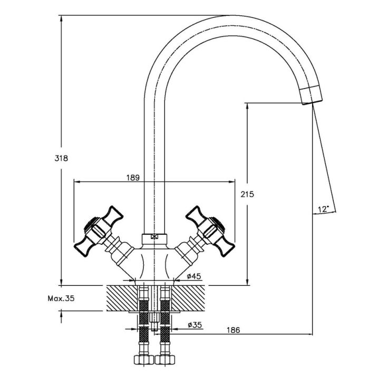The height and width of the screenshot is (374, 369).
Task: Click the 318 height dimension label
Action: pyautogui.click(x=61, y=158)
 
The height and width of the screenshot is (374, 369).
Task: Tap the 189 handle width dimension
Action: pyautogui.click(x=133, y=178)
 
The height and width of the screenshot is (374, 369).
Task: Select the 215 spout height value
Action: pyautogui.click(x=247, y=195)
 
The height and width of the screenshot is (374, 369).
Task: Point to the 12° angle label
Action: pyautogui.click(x=323, y=209)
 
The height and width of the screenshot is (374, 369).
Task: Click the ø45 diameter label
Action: pyautogui.click(x=194, y=276)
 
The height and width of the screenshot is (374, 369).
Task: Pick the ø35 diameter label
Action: pyautogui.click(x=195, y=325)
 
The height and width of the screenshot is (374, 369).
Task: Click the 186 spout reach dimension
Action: pyautogui.click(x=234, y=330)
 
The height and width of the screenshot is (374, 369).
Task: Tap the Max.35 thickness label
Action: pyautogui.click(x=61, y=299)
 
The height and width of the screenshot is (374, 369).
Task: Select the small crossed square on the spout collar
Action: pyautogui.click(x=154, y=237)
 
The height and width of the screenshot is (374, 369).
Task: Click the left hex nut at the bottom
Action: pyautogui.click(x=144, y=359)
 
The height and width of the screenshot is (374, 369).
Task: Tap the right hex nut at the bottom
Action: pyautogui.click(x=164, y=359)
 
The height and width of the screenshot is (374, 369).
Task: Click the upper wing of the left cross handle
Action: pyautogui.click(x=113, y=215)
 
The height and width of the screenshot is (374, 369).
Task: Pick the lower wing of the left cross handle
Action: pyautogui.click(x=83, y=247)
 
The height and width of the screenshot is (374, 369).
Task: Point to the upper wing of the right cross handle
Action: pyautogui.click(x=196, y=215)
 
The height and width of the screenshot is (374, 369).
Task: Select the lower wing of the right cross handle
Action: pyautogui.click(x=225, y=247)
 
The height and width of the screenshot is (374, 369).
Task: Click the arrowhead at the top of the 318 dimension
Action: pyautogui.click(x=61, y=18)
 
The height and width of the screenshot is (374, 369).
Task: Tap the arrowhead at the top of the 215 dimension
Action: pyautogui.click(x=247, y=107)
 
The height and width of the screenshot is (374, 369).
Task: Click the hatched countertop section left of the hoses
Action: pyautogui.click(x=122, y=298)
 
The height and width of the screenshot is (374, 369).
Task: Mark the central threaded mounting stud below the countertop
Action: pyautogui.click(x=154, y=321)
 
